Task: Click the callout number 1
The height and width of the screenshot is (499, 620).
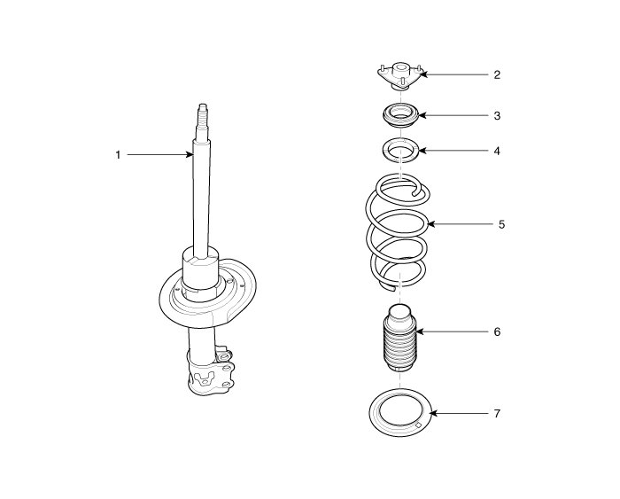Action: click(117, 155)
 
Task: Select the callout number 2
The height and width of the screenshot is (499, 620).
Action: click(497, 75)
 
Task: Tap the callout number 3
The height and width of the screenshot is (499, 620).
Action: click(497, 115)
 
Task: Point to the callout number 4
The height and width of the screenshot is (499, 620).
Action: click(497, 151)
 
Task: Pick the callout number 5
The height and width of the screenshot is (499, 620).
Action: click(500, 224)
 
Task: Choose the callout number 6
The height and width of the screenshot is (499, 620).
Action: click(497, 331)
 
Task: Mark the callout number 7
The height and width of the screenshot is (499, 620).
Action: click(497, 413)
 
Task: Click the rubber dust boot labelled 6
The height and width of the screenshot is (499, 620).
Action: click(396, 341)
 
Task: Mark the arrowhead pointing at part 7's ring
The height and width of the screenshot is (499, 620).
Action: click(432, 413)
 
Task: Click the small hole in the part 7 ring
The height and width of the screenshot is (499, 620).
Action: click(416, 429)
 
